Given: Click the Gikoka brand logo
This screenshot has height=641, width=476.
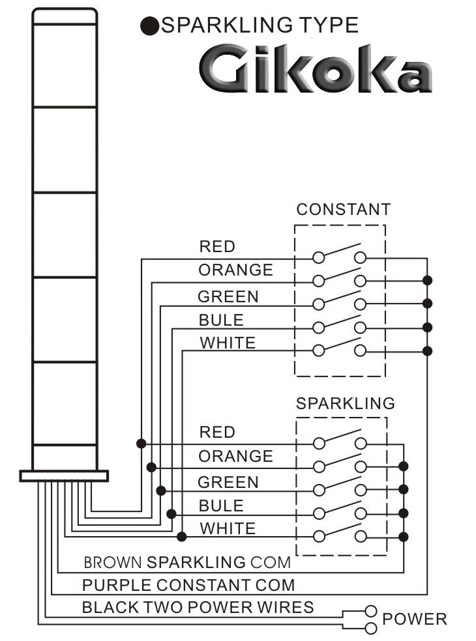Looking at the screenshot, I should coord(315,69).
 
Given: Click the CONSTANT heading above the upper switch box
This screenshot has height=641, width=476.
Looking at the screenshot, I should coord(343,209).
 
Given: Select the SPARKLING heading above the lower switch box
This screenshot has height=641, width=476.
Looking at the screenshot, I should coord(345,403).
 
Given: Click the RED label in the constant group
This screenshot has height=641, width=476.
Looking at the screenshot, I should coord(217,246).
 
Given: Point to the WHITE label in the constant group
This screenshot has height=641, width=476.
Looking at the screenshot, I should coord(227,343).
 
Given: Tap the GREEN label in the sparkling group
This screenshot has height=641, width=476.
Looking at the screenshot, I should coord(228,482).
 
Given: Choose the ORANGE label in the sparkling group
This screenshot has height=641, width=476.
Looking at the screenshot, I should coord(235,456).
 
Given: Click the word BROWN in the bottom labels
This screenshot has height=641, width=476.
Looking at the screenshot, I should coord(112,562).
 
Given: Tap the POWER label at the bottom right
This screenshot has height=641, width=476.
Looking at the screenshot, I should coord(415,619).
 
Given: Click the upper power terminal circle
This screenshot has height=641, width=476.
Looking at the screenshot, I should coord(371,611).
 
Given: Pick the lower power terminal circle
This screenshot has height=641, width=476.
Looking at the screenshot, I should coord(371,628).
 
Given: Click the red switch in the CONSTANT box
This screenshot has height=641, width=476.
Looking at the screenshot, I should coord(339,253).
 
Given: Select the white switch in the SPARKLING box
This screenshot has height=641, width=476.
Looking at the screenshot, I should coord(339,531).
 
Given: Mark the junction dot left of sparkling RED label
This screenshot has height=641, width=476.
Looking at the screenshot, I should coord(141,443).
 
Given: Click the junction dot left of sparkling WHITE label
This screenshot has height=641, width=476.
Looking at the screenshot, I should coord(183,536).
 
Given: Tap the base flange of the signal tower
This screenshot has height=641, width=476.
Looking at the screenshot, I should coord(63,476).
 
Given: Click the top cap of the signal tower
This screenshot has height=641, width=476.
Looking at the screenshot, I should coord(65,16).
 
